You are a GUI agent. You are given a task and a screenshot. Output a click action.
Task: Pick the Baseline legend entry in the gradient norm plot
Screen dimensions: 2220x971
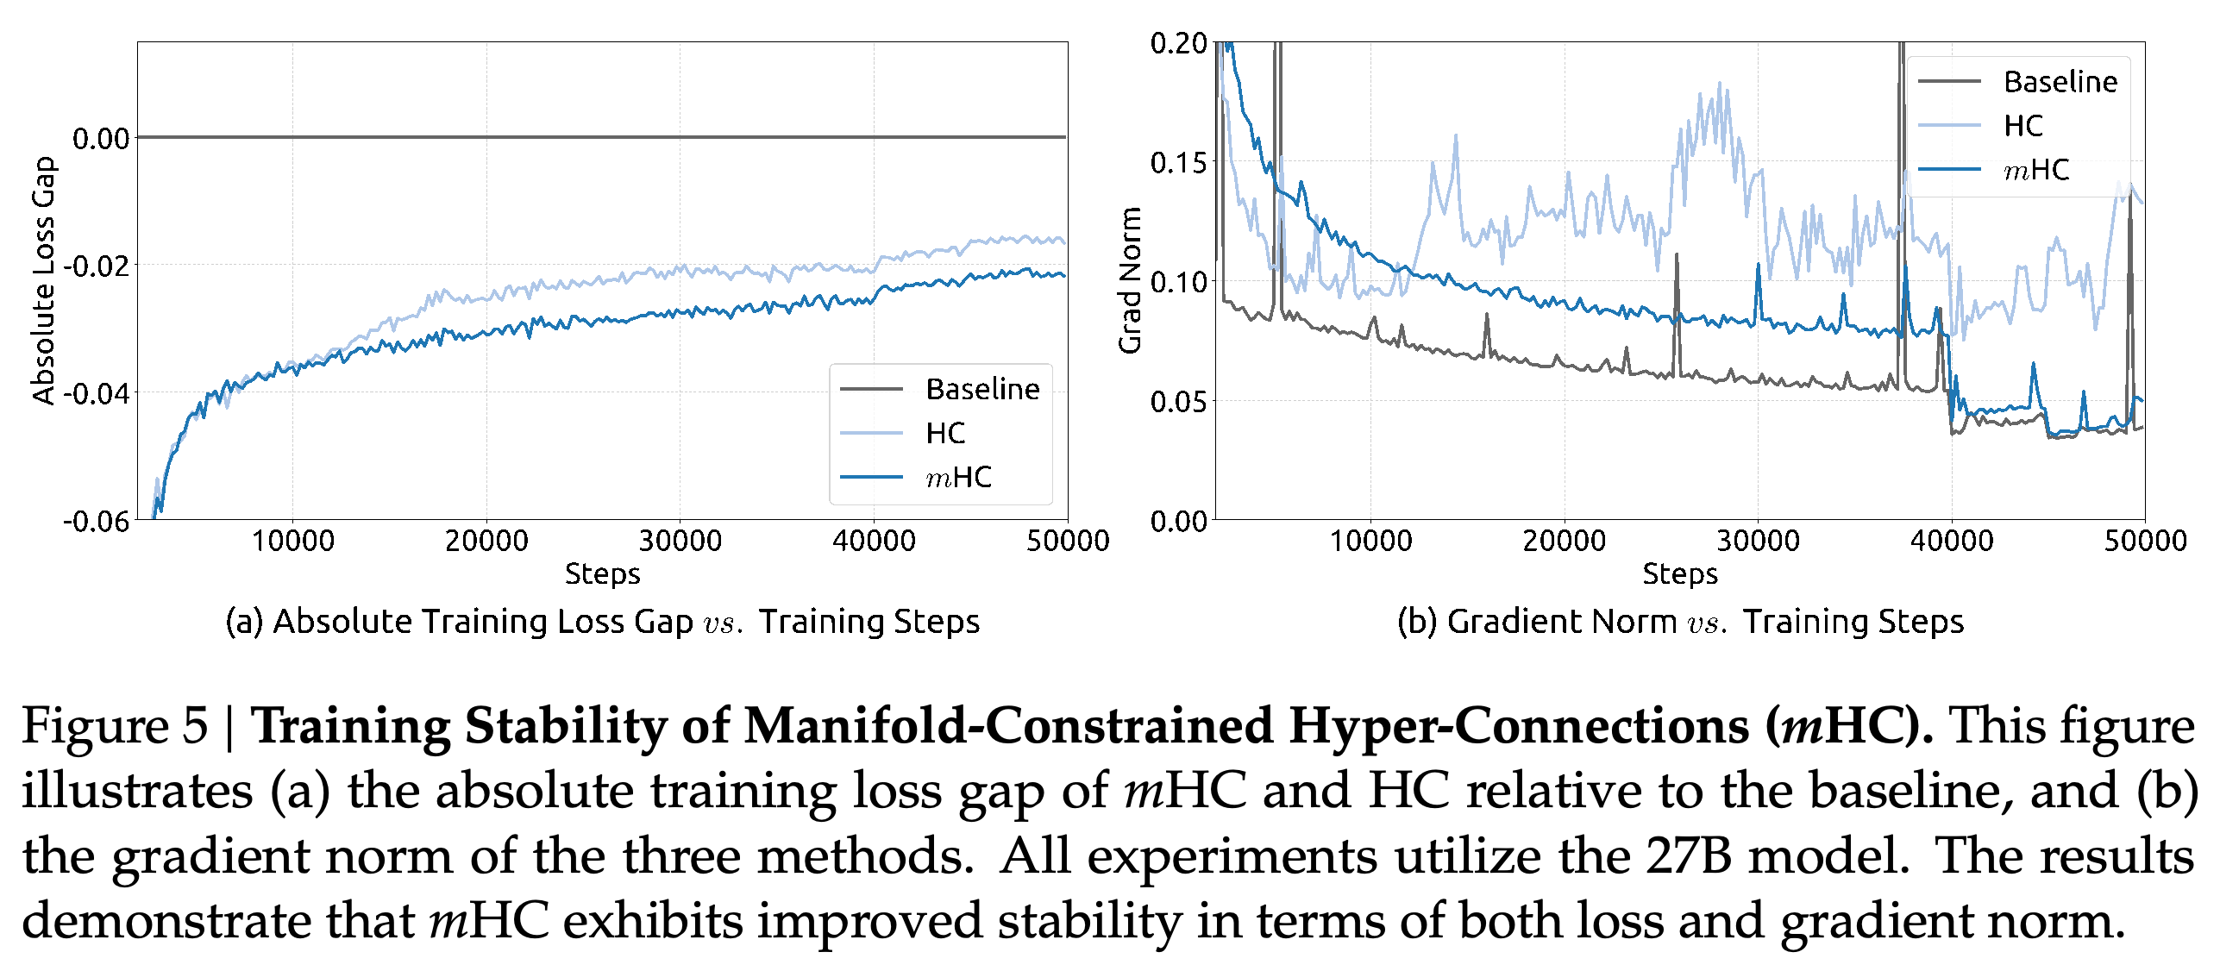[2017, 82]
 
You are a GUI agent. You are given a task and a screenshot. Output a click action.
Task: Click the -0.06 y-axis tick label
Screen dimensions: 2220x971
[96, 521]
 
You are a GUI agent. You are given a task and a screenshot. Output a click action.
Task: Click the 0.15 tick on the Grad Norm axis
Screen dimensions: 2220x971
[1178, 162]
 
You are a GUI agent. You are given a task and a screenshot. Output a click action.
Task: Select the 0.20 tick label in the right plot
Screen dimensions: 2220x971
[1178, 43]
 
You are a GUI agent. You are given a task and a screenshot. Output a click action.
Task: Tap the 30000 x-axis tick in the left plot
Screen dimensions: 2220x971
[680, 541]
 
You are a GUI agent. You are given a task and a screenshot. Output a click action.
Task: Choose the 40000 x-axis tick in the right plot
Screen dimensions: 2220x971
[1952, 541]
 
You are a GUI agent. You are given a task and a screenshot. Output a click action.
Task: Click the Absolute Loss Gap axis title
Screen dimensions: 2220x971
[43, 280]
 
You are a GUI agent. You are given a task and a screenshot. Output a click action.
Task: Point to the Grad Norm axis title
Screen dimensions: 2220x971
[1130, 280]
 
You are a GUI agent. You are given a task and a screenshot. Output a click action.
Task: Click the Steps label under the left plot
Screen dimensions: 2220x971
[602, 574]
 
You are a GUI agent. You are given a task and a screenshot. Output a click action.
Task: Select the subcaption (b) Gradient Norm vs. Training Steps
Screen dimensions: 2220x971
[1680, 622]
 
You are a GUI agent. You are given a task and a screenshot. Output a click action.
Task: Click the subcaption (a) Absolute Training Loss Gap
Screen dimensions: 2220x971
[459, 622]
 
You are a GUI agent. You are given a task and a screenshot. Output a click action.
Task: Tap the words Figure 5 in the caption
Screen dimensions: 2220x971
[115, 726]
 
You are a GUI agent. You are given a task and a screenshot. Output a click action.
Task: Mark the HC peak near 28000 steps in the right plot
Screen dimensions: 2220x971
[1719, 83]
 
